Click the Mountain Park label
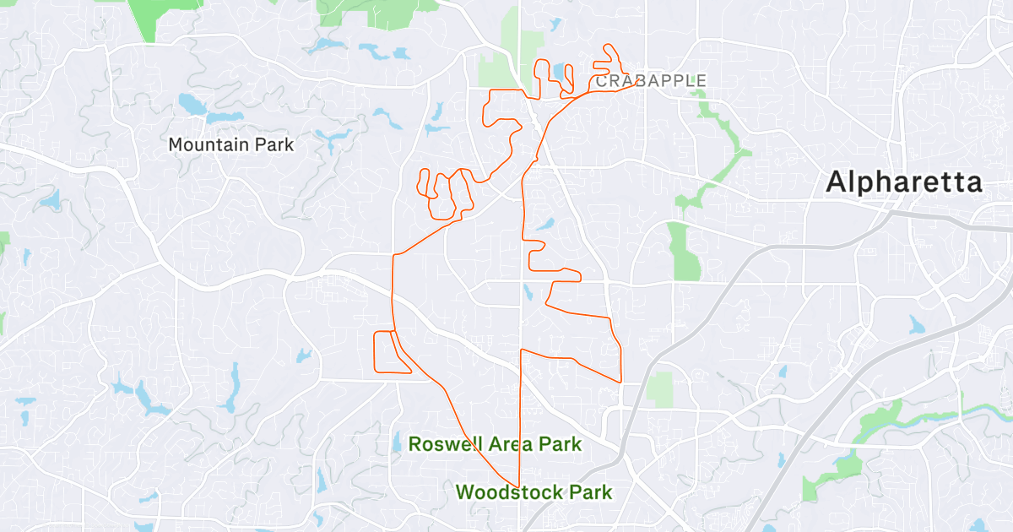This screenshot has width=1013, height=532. point(230,144)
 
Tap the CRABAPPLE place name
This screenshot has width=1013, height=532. point(650,81)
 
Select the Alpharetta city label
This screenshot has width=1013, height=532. point(904,182)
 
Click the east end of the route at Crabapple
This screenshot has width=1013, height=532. point(635,83)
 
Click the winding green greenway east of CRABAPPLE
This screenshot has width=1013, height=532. point(718,152)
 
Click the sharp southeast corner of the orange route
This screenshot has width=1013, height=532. point(622,382)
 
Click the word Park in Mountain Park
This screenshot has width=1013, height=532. point(273,144)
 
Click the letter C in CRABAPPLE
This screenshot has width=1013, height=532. point(601,81)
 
